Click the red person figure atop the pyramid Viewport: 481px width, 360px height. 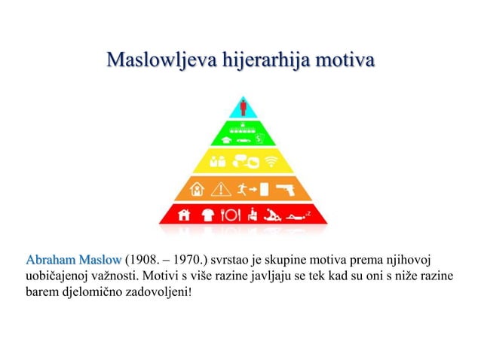[x=243, y=106]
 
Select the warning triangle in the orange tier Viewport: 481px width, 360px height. [x=222, y=188]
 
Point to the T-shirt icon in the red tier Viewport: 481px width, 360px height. [x=208, y=215]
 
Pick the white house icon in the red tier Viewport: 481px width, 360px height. [x=184, y=215]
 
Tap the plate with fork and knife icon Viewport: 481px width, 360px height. [x=229, y=215]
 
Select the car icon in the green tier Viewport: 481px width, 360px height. [x=242, y=139]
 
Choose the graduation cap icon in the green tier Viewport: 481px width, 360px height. [x=226, y=139]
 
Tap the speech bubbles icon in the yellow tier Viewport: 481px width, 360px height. [x=242, y=160]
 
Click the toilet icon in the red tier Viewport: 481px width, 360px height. [x=254, y=215]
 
